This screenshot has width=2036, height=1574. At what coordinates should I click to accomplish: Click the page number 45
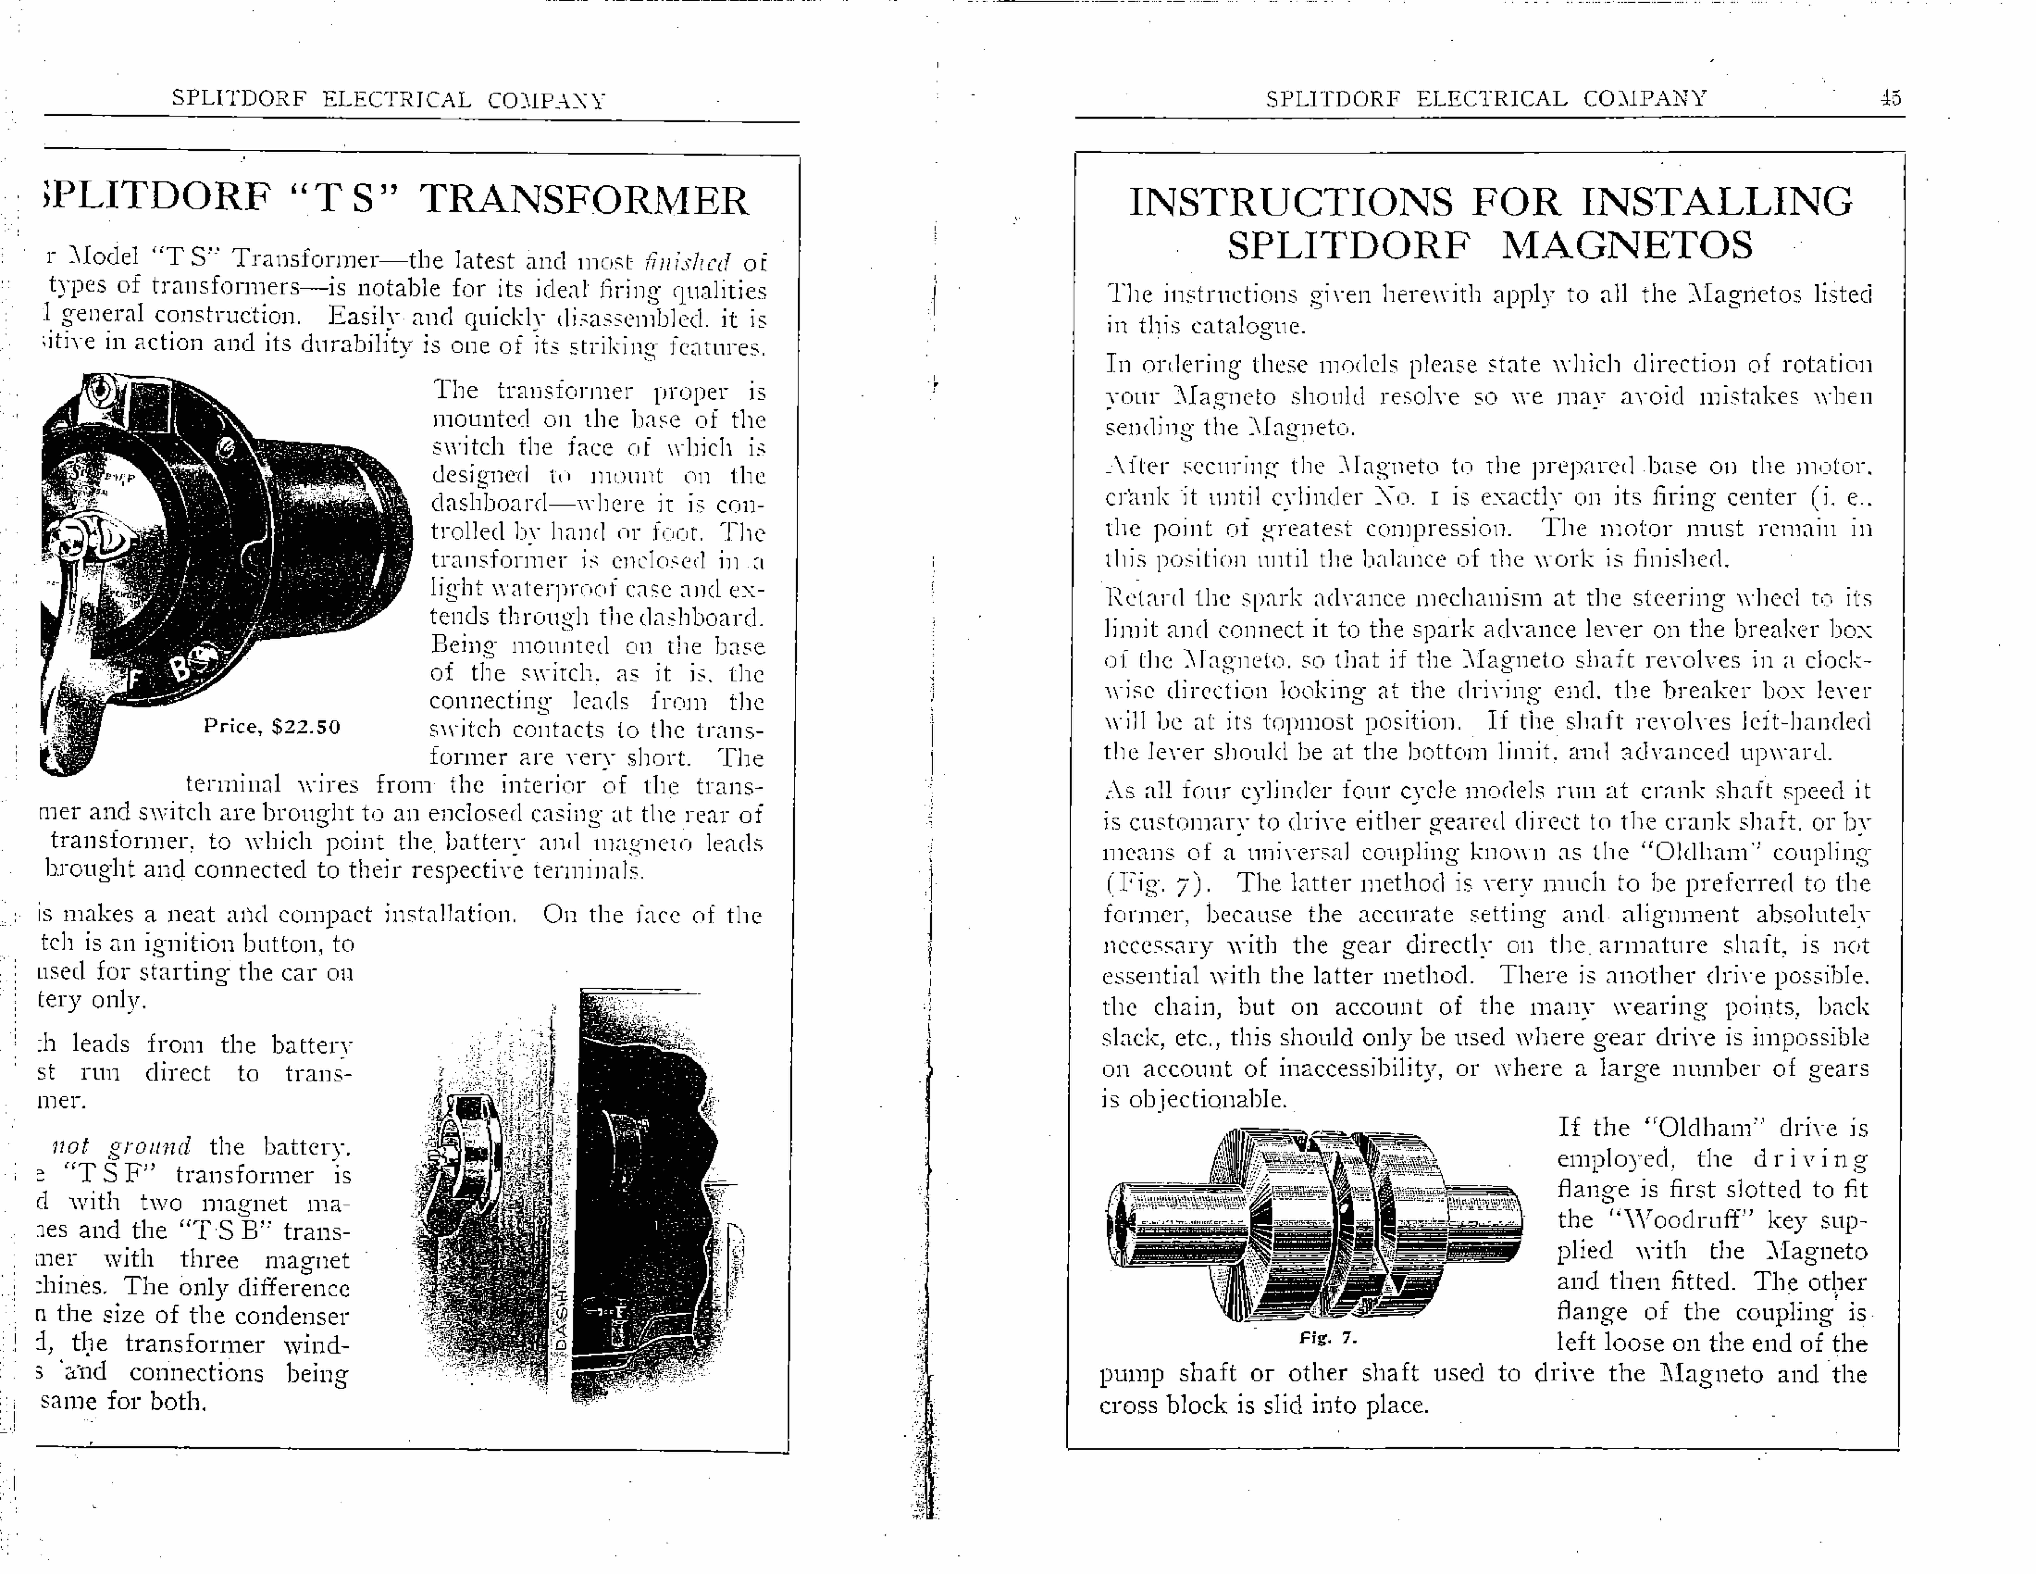point(1890,98)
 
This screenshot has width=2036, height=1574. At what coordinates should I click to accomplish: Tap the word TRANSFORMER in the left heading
point(584,200)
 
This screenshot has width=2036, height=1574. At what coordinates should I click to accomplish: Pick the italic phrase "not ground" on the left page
point(121,1146)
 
